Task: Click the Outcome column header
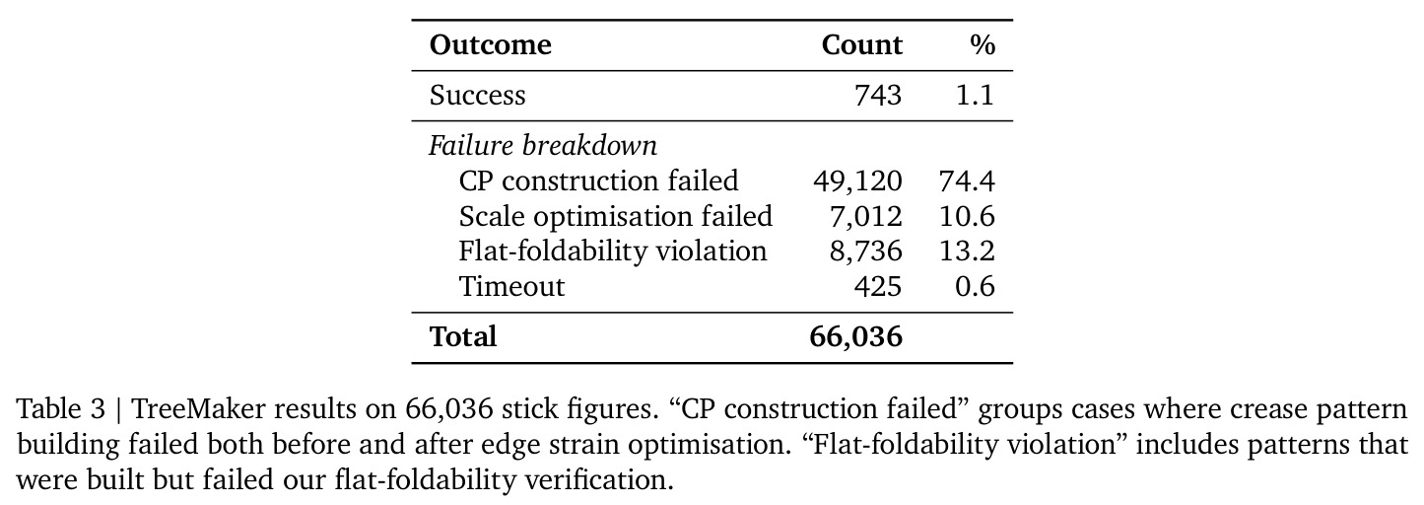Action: tap(490, 44)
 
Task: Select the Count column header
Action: tap(861, 44)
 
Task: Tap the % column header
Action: tap(983, 44)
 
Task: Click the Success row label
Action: tap(477, 96)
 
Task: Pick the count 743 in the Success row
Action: tap(878, 96)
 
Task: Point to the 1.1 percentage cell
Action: tap(975, 96)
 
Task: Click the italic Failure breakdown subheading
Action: tap(542, 145)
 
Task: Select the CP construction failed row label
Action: tap(598, 180)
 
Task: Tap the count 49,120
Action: tap(857, 181)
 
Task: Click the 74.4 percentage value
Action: tap(967, 181)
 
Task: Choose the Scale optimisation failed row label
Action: tap(615, 216)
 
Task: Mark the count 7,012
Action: tap(865, 217)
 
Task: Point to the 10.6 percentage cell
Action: tap(967, 217)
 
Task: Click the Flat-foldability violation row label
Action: tap(613, 252)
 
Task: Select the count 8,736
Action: tap(865, 252)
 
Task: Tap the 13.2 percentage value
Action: tap(967, 252)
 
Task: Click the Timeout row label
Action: tap(511, 286)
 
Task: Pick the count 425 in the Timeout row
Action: tap(878, 287)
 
